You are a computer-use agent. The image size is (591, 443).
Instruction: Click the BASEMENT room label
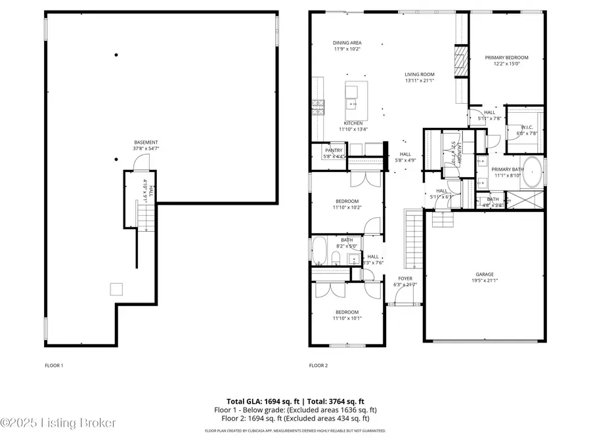click(x=146, y=142)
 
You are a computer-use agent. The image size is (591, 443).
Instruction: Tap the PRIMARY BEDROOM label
click(x=506, y=58)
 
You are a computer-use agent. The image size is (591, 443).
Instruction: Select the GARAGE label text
click(x=485, y=274)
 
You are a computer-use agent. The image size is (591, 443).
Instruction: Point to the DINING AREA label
click(x=347, y=43)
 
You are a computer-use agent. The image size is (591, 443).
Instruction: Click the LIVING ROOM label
click(x=419, y=74)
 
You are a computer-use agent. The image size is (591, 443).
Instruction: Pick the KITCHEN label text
click(x=353, y=123)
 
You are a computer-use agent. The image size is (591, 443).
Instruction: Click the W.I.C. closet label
click(x=527, y=127)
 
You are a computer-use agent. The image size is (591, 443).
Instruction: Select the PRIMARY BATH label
click(x=506, y=169)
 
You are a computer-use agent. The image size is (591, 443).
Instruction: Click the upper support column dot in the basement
click(x=116, y=55)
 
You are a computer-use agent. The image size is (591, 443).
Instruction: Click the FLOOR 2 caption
click(x=318, y=365)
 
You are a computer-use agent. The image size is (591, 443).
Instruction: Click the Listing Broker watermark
click(x=59, y=423)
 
